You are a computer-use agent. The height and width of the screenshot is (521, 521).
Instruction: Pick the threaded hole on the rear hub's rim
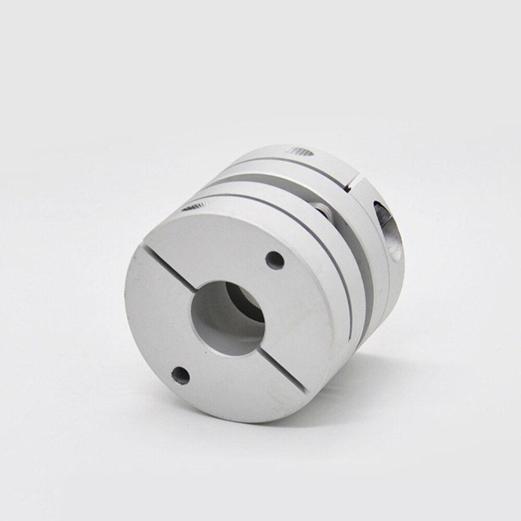(x=301, y=151)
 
